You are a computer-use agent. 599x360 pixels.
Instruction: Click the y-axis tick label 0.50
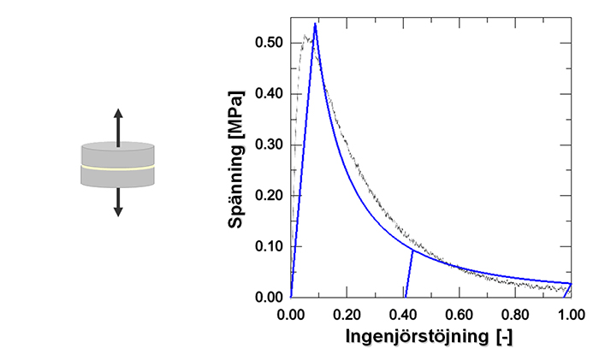pos(269,43)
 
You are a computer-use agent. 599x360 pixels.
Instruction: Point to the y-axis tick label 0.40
pos(269,93)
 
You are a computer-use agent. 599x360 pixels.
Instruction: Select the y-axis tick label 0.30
pos(269,145)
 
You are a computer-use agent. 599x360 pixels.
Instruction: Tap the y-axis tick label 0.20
pos(269,196)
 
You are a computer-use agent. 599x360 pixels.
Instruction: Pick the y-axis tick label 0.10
pos(269,246)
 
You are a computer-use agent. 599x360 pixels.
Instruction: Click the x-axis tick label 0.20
pos(347,315)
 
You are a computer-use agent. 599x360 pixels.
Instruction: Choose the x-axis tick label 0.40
pos(403,315)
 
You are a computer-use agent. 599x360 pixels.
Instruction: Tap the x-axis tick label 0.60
pos(460,315)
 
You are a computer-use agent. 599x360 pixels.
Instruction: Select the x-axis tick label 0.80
pos(515,315)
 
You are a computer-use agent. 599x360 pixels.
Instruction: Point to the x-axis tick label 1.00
pos(571,315)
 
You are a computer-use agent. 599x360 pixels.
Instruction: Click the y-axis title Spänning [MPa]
pos(236,159)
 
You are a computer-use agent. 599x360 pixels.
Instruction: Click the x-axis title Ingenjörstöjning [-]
pos(429,337)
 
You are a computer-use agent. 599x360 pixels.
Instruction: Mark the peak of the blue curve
pos(315,23)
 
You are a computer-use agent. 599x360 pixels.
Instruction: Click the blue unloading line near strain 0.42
pos(409,274)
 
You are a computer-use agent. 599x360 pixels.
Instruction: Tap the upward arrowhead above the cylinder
pos(118,114)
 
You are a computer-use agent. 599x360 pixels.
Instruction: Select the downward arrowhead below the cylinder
pos(118,211)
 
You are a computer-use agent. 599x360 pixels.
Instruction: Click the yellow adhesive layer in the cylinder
pos(118,168)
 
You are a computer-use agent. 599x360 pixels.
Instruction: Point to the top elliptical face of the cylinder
pos(118,145)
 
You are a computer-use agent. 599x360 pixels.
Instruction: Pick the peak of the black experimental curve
pos(305,35)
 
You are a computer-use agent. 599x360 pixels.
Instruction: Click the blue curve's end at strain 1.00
pos(571,284)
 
